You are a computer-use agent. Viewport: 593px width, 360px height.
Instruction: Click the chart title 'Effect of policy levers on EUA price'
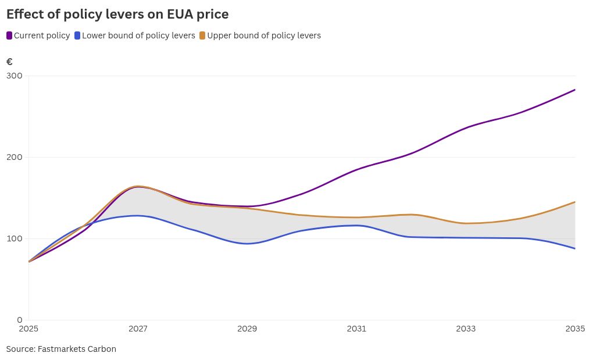tap(117, 14)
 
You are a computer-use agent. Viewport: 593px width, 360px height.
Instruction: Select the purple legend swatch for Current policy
tap(9, 35)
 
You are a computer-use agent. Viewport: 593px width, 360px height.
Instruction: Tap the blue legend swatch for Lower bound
tap(78, 35)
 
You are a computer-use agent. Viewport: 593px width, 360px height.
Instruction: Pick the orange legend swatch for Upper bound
tap(202, 35)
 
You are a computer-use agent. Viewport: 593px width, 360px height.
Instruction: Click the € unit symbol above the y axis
tap(9, 62)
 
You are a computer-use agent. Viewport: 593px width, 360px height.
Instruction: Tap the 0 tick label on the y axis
tap(20, 320)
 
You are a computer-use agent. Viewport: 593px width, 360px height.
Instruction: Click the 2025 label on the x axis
tap(28, 329)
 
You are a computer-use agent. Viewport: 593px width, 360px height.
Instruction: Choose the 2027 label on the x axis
tap(138, 329)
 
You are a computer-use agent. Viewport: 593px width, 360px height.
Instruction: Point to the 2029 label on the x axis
tap(247, 329)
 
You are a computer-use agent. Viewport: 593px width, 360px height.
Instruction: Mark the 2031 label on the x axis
tap(356, 329)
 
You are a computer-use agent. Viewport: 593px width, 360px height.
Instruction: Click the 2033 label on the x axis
tap(466, 329)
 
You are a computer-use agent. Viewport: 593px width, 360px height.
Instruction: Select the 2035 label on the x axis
tap(574, 329)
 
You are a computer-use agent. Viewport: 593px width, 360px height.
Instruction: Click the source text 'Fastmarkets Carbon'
tap(77, 349)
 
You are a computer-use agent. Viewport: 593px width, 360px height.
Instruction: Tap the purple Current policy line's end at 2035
tap(575, 90)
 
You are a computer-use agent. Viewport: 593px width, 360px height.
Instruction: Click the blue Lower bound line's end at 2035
tap(575, 248)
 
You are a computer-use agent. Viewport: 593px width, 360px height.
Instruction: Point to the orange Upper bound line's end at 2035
tap(575, 202)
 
